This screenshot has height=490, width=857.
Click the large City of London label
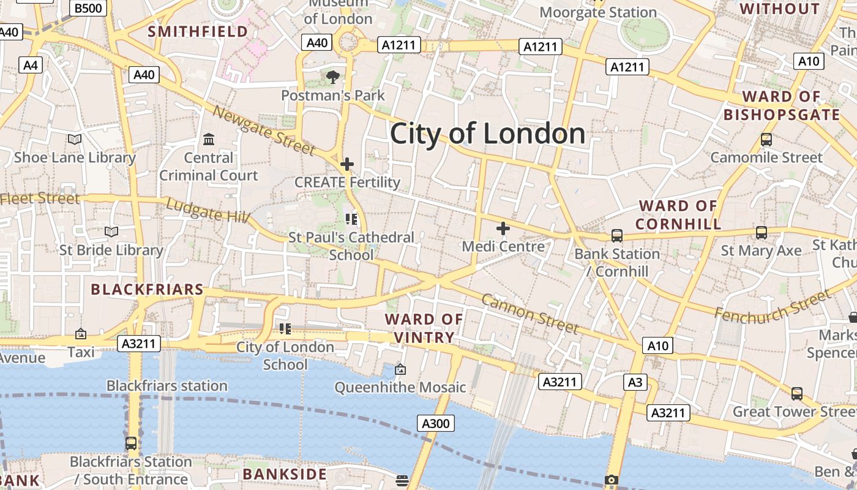tap(487, 134)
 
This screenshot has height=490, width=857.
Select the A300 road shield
tap(436, 423)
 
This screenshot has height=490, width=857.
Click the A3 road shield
tap(635, 383)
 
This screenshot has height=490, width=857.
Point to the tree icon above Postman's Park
tap(333, 77)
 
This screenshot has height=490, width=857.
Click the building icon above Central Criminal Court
tap(209, 140)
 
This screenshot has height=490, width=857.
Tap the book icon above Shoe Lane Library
tap(75, 140)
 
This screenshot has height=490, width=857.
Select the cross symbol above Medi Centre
tap(503, 229)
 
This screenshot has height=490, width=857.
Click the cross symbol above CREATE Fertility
tap(347, 164)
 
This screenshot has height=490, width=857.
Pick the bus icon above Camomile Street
tap(766, 140)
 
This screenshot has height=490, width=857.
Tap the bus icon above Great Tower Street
tap(797, 394)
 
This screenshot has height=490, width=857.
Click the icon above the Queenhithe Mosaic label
tap(400, 369)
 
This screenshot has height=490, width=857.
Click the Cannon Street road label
tap(530, 314)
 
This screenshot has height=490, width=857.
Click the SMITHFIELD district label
tap(198, 31)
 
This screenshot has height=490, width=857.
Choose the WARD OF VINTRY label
tap(424, 328)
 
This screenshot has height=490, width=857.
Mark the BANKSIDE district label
tap(285, 474)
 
